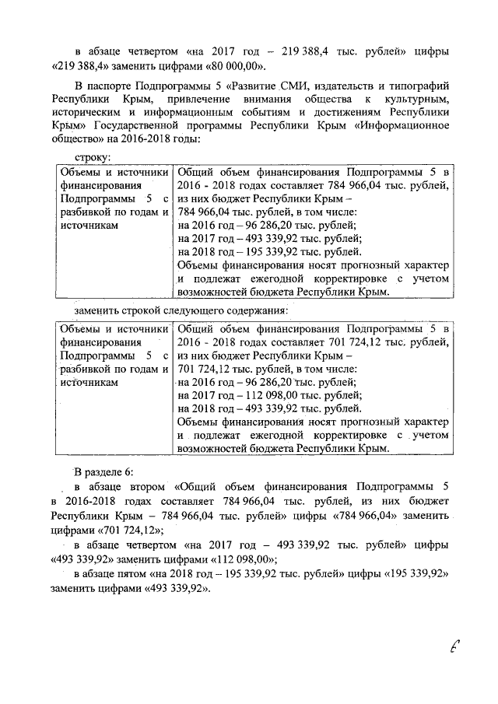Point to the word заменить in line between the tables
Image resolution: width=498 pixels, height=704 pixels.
(x=100, y=310)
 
